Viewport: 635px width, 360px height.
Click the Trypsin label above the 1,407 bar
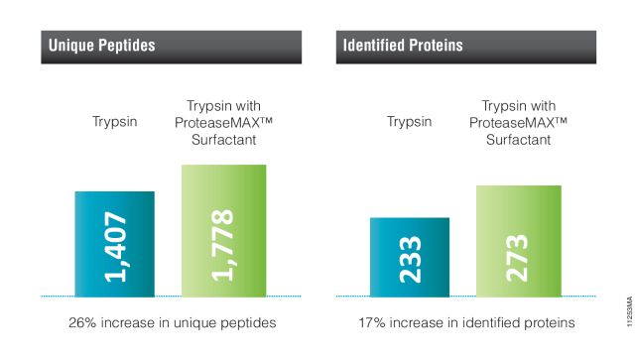click(114, 122)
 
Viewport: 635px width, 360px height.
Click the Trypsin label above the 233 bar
click(410, 122)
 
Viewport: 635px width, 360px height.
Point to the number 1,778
click(224, 244)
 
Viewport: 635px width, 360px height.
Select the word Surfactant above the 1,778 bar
click(223, 140)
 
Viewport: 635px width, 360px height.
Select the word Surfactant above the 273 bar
click(518, 140)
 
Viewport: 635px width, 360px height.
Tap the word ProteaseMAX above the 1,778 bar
click(216, 122)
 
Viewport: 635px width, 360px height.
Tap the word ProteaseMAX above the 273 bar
click(511, 122)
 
